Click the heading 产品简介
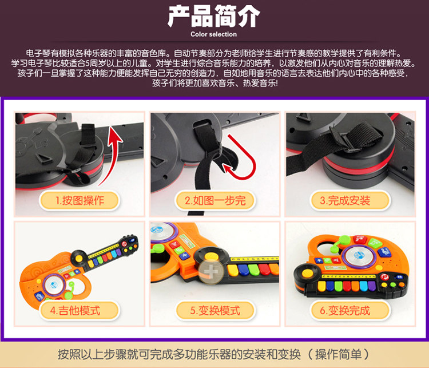click(x=214, y=17)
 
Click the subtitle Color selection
click(x=214, y=34)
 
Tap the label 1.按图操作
click(x=80, y=200)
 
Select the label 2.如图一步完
click(x=215, y=200)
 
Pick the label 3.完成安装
click(x=345, y=200)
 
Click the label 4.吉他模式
click(x=76, y=311)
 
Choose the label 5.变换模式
click(x=215, y=311)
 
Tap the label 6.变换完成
click(x=345, y=311)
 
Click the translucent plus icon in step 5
click(x=210, y=272)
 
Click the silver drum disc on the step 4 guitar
click(x=54, y=285)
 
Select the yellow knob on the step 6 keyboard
click(x=307, y=273)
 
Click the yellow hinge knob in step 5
click(x=212, y=256)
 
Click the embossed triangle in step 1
click(x=44, y=159)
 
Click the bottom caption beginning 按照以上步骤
click(x=214, y=355)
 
